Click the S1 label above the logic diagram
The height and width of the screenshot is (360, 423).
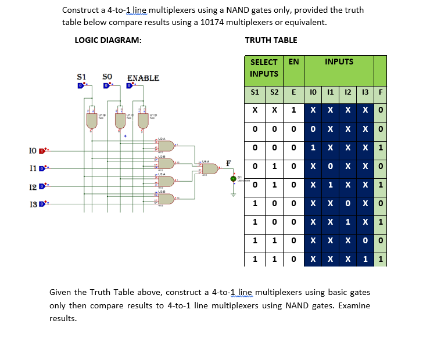coord(83,76)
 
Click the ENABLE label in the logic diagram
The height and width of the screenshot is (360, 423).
coord(143,78)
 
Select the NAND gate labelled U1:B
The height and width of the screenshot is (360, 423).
coord(91,120)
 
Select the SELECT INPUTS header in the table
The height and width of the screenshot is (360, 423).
coord(264,67)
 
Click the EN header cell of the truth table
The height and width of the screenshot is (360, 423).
coord(293,62)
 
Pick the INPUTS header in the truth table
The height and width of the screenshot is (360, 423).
coord(339,62)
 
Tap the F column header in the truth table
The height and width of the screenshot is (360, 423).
coord(380,92)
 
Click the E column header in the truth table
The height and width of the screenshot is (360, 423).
coord(293,92)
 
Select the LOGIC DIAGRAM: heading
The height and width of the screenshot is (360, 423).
coord(108,40)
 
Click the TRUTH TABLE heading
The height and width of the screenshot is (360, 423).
coord(271,40)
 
